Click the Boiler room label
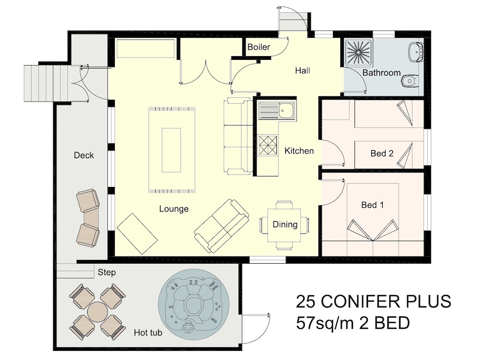point(259,47)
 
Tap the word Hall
point(302,70)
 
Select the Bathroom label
point(382,73)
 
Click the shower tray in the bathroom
point(359,52)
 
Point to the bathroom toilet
point(409,81)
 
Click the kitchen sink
point(277,110)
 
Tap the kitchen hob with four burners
point(268,145)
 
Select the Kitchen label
point(299,151)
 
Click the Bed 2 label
point(382,153)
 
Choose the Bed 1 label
point(372,205)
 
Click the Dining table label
point(285,225)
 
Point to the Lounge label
point(174,209)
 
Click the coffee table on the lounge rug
point(171,151)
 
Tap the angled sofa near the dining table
point(221,226)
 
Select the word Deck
point(84,155)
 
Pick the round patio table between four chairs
point(97,312)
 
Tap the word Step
point(107,272)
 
